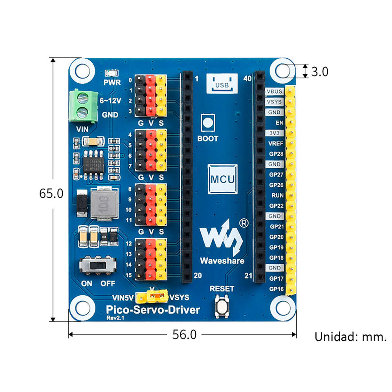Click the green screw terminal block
[x=83, y=105]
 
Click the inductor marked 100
[x=102, y=203]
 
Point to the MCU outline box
[x=222, y=179]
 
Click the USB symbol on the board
[x=222, y=84]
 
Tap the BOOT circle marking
[x=208, y=123]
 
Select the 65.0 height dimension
[x=51, y=193]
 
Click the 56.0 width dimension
[x=185, y=335]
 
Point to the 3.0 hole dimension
[x=319, y=72]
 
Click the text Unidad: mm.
[x=351, y=337]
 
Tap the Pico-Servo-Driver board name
[x=153, y=309]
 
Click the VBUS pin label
[x=274, y=91]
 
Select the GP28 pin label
[x=276, y=154]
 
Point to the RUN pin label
[x=277, y=195]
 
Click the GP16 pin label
[x=276, y=289]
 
